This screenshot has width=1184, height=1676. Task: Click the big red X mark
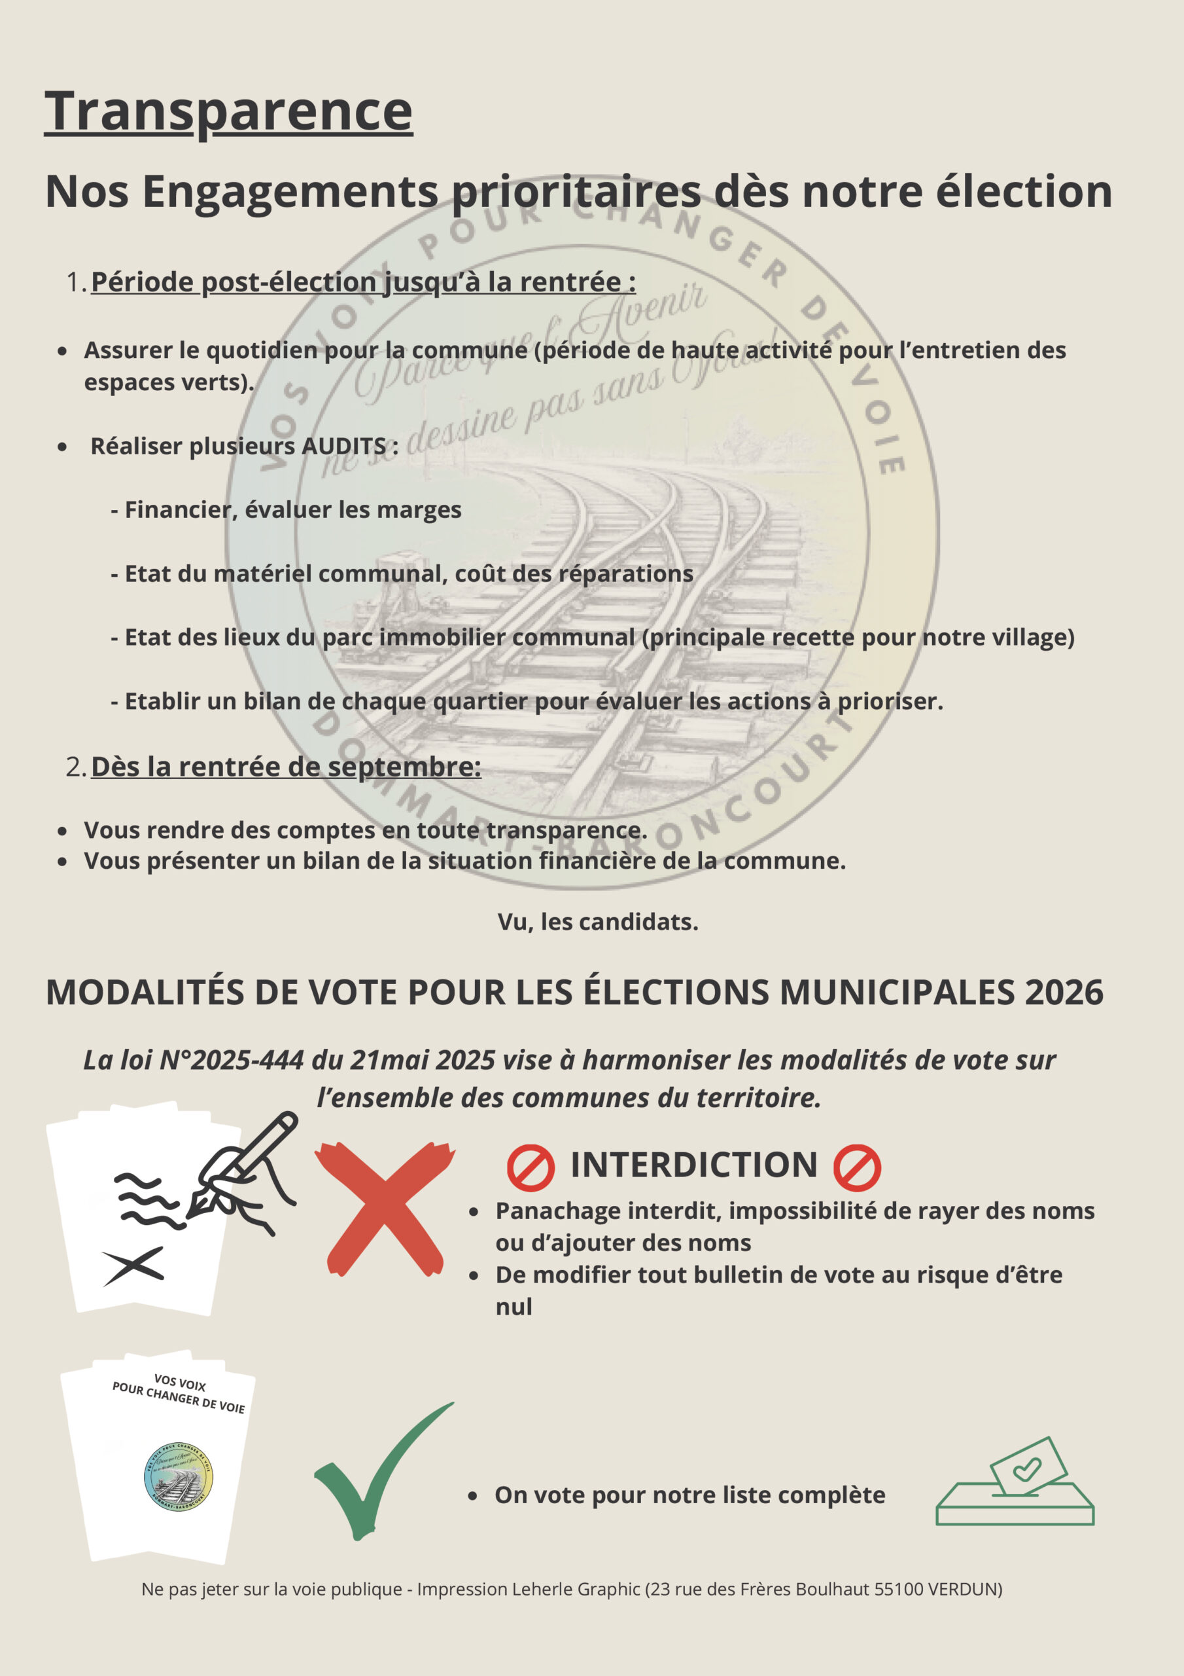tap(385, 1208)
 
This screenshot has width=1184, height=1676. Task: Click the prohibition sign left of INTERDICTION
tap(531, 1167)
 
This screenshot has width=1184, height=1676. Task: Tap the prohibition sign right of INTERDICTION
tap(857, 1167)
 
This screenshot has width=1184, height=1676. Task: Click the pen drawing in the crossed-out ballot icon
tap(241, 1169)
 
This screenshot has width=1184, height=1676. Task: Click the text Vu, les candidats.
tap(597, 922)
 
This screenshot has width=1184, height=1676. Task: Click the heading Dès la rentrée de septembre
tap(286, 767)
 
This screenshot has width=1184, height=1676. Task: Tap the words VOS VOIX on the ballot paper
tap(179, 1383)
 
